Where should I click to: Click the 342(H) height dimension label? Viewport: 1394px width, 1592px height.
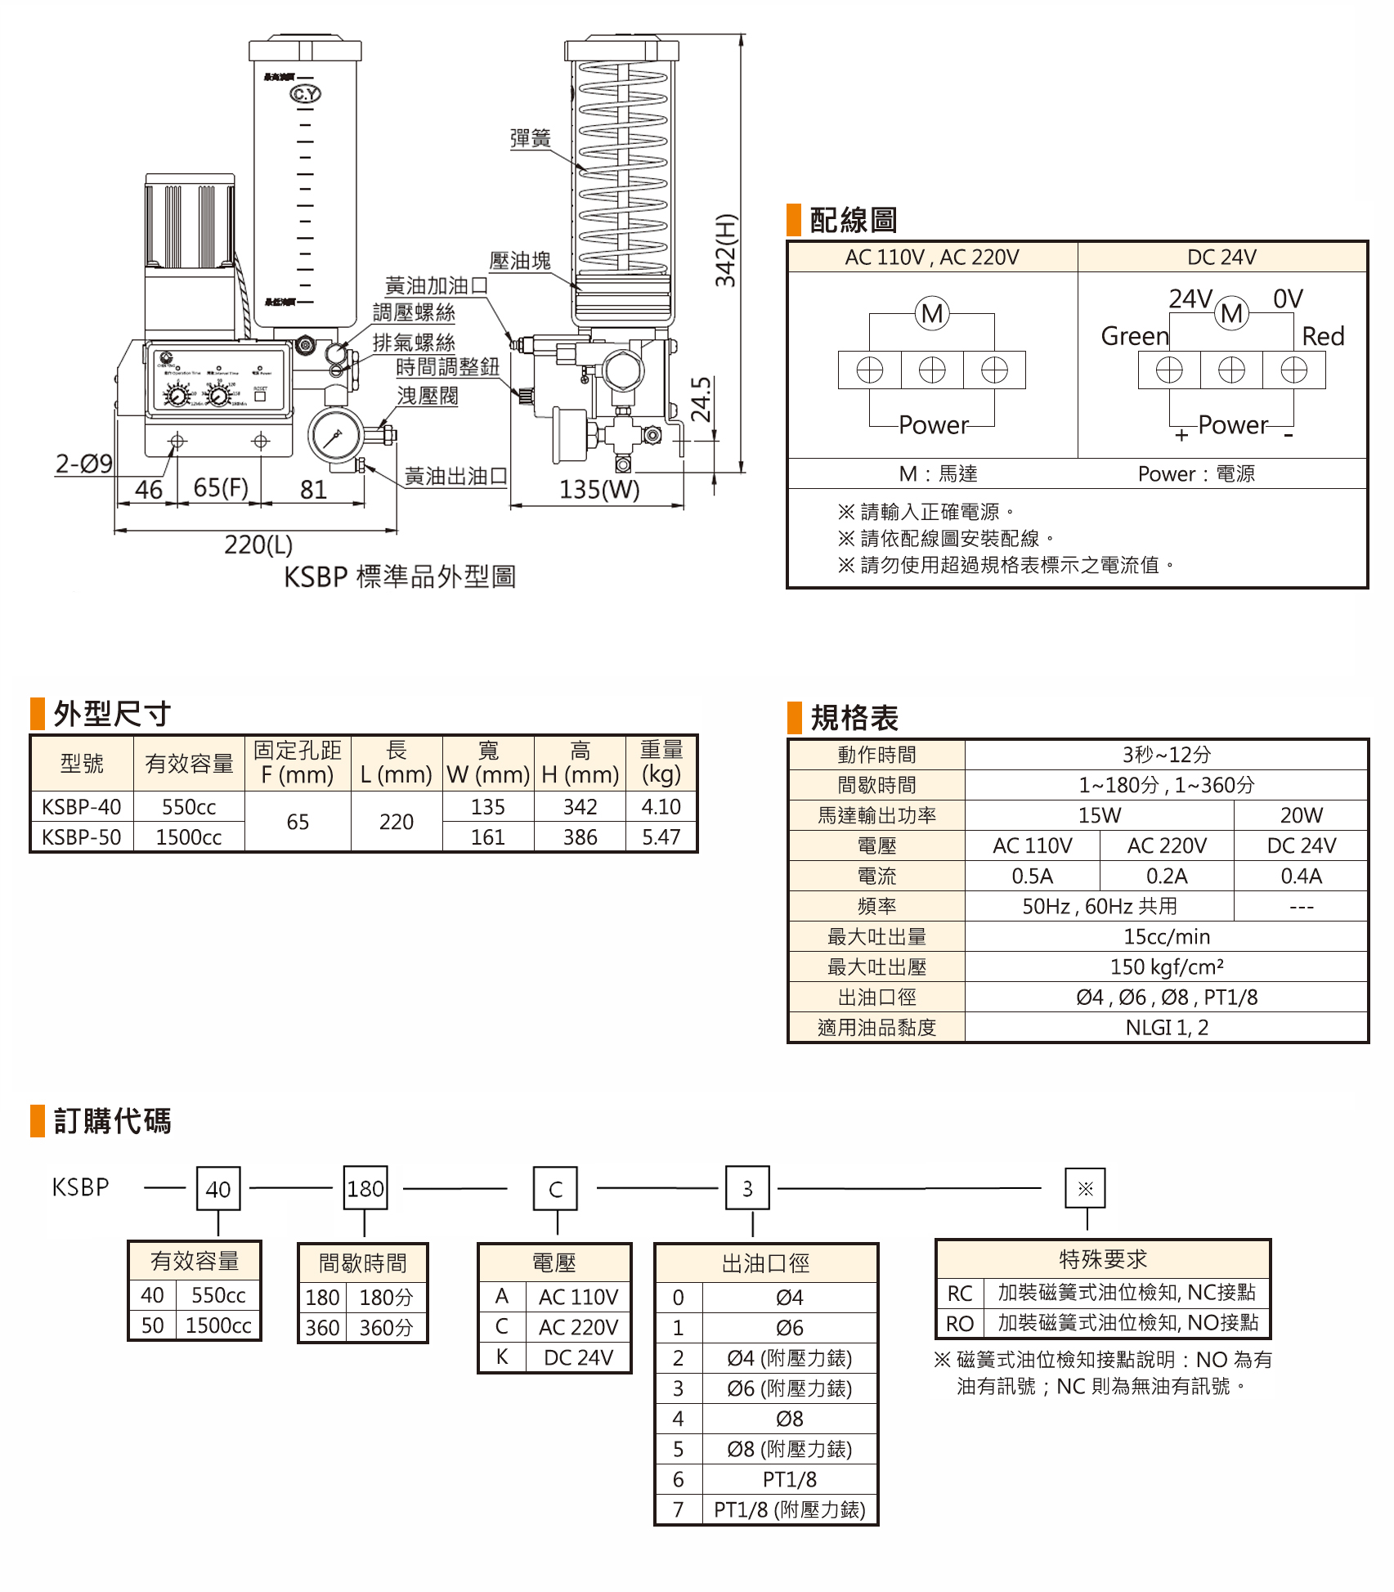coord(726,250)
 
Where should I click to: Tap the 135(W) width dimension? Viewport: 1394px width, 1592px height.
coord(598,490)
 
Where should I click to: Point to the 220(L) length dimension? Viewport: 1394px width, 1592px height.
coord(258,545)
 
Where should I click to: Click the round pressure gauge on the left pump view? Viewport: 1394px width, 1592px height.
coord(335,436)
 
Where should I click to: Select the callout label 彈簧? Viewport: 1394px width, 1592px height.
coord(530,138)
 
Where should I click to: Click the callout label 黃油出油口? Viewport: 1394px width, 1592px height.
coord(455,476)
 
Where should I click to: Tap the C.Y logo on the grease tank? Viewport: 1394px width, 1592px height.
coord(306,94)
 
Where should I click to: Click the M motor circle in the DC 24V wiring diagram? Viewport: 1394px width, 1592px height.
coord(1232,313)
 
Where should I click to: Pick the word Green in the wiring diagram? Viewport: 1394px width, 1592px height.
coord(1135,336)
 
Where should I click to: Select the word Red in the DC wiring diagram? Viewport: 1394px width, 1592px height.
coord(1323,336)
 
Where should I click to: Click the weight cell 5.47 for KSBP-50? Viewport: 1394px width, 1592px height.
coord(661,837)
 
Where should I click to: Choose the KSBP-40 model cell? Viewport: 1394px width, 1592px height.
coord(82,807)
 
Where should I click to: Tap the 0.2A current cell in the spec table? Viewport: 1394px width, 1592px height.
coord(1167,877)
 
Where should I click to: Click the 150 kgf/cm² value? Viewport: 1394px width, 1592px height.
coord(1167,967)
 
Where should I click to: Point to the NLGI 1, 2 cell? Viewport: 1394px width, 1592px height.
coord(1167,1028)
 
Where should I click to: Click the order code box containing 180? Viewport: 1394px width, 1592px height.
coord(365,1189)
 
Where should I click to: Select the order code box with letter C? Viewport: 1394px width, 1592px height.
coord(556,1189)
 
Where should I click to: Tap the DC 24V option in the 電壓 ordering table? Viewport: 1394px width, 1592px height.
coord(578,1358)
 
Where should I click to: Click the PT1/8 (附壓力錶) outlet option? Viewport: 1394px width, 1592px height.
coord(789,1509)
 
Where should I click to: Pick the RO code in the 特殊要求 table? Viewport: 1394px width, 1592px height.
coord(960,1324)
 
